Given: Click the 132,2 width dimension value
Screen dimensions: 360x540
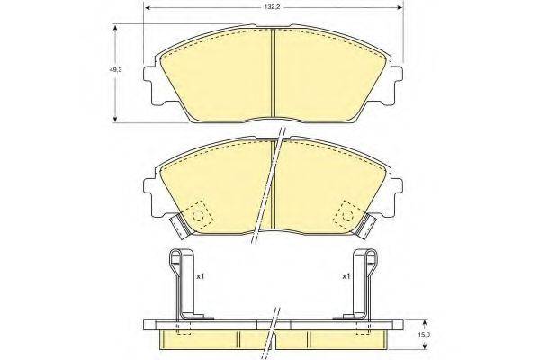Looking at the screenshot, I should coord(270,7).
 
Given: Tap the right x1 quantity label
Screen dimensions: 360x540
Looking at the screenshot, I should coord(346,277).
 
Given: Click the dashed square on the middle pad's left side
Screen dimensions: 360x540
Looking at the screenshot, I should coord(197,216).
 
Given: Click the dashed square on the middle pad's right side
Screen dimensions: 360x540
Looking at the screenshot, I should coord(346,216).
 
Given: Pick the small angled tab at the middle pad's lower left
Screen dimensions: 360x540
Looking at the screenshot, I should coord(175,221).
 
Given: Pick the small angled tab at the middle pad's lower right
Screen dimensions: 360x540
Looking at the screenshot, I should coord(369,221).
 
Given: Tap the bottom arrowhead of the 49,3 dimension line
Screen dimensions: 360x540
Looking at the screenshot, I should coord(115,120).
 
